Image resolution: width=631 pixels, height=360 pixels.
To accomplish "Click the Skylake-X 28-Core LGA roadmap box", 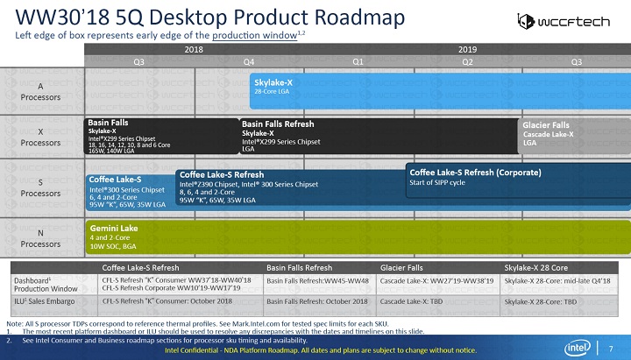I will click(438, 91).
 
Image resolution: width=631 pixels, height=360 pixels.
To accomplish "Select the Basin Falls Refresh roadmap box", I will click(377, 136).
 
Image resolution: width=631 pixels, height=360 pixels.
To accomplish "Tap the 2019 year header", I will click(468, 50).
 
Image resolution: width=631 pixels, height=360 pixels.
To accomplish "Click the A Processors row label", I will click(41, 91).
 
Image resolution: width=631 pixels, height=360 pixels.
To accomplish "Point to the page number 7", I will click(611, 350).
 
